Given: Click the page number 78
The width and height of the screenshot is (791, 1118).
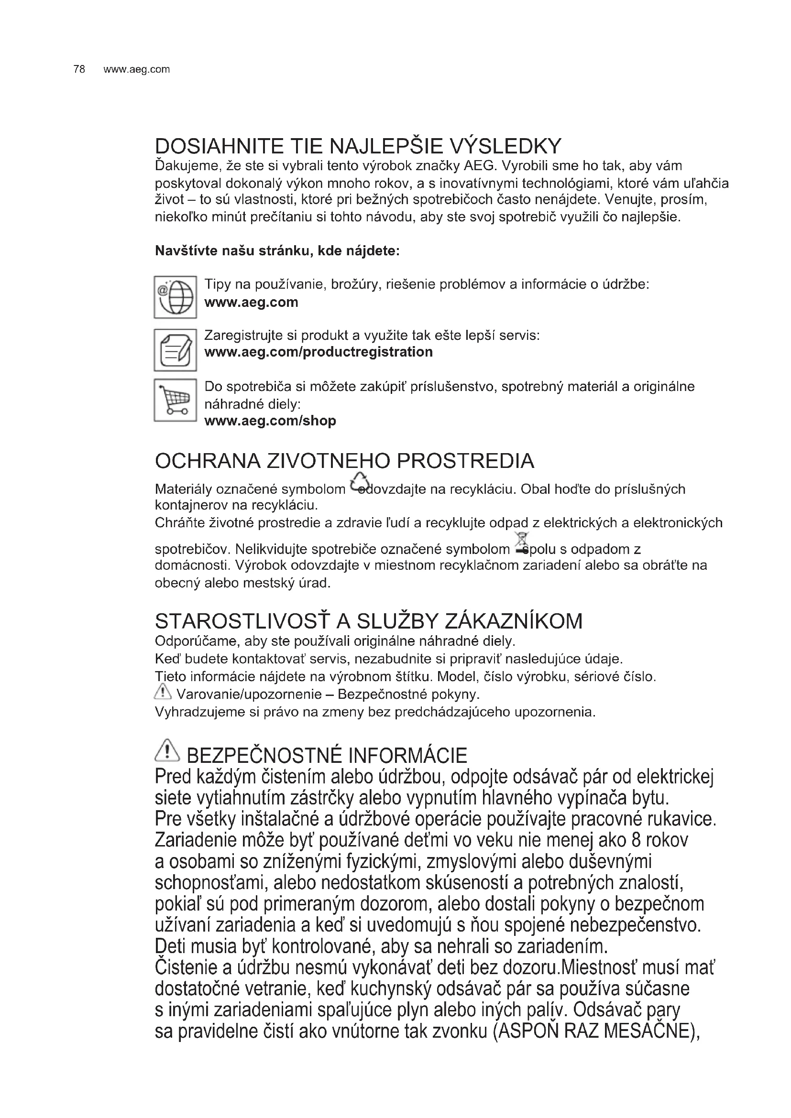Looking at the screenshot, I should click(x=79, y=69).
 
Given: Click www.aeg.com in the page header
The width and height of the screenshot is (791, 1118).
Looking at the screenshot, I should click(x=137, y=69).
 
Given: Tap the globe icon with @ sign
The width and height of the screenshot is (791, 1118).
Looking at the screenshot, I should click(x=176, y=297).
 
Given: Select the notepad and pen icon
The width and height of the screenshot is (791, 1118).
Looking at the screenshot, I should click(x=176, y=350).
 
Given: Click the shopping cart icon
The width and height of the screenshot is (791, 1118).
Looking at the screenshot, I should click(x=176, y=400).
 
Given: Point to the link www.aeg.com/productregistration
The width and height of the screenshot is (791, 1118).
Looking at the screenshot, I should click(x=319, y=352).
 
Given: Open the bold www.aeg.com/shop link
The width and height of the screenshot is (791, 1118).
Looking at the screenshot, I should click(x=270, y=421).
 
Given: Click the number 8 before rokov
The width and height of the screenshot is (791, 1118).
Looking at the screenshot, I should click(x=636, y=840).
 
